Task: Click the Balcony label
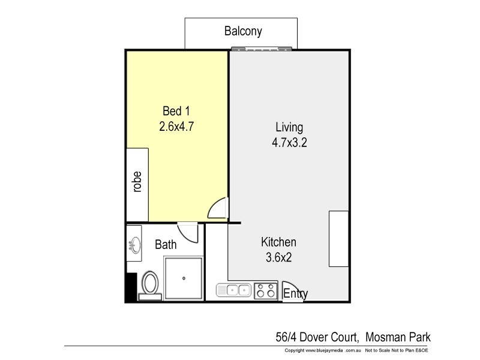point(243,31)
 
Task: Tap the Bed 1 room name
point(176,111)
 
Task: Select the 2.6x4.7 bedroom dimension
point(176,127)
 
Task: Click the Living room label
point(289,127)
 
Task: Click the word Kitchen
point(278,242)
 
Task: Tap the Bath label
point(166,245)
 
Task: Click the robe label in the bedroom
point(137,182)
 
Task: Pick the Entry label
point(295,294)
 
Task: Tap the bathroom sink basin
point(134,245)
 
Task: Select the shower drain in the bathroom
point(184,278)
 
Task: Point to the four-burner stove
point(265,291)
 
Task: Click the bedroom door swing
point(218,209)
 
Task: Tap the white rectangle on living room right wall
point(338,239)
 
